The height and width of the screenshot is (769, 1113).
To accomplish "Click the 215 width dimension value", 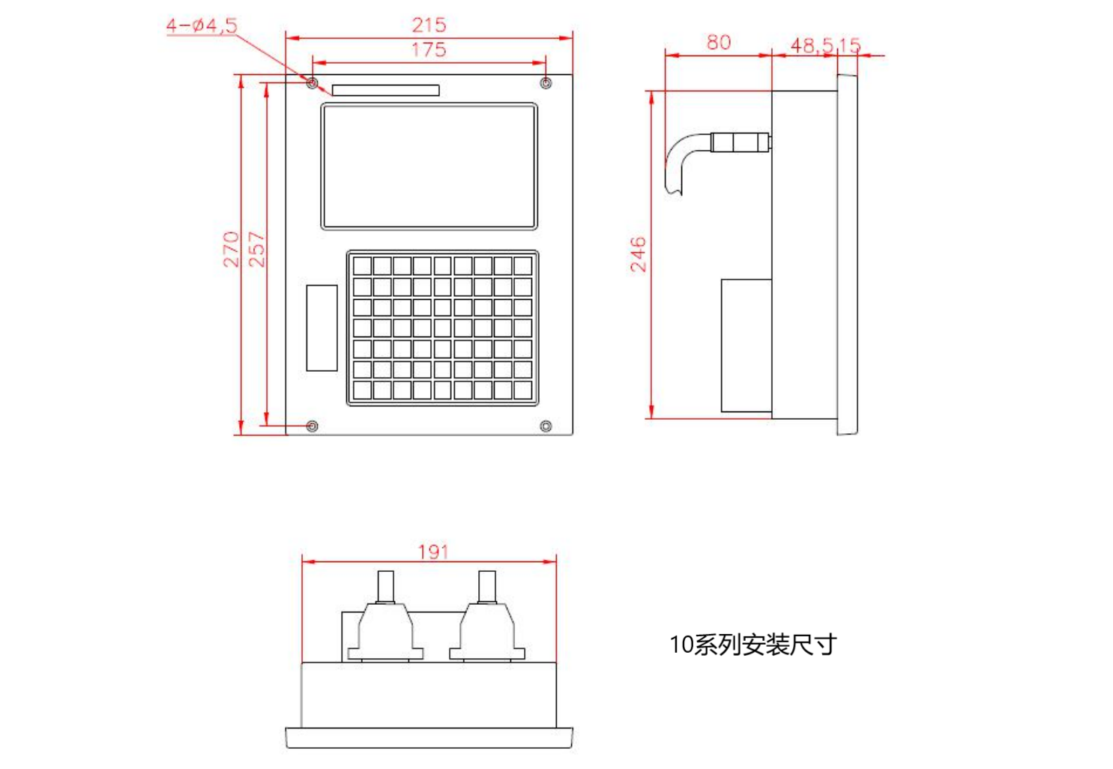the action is pyautogui.click(x=429, y=25).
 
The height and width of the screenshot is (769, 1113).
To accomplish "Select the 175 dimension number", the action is pyautogui.click(x=429, y=49).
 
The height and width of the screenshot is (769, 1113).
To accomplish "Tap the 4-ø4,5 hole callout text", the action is pyautogui.click(x=202, y=25).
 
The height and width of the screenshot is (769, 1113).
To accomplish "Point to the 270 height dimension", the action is pyautogui.click(x=231, y=250).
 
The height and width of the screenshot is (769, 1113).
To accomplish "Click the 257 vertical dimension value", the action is pyautogui.click(x=256, y=250).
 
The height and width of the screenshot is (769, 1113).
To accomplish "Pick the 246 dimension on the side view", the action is pyautogui.click(x=638, y=254).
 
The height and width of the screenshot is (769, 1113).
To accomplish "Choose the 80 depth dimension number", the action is pyautogui.click(x=719, y=43).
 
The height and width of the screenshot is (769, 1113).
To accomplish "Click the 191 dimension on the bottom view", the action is pyautogui.click(x=433, y=552).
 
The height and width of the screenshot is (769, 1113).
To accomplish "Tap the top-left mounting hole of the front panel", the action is pyautogui.click(x=312, y=82).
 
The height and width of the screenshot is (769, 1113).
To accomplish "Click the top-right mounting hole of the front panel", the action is pyautogui.click(x=546, y=82).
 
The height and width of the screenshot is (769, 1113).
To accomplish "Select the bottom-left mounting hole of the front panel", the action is pyautogui.click(x=312, y=426).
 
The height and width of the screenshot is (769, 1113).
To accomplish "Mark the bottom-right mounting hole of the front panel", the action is pyautogui.click(x=546, y=426).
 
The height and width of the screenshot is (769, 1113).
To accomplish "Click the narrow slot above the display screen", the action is pyautogui.click(x=385, y=90).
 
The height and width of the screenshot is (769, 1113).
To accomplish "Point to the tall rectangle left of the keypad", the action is pyautogui.click(x=322, y=328).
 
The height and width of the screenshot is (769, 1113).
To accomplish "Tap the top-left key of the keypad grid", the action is pyautogui.click(x=362, y=266).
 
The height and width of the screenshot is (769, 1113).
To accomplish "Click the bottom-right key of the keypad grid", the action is pyautogui.click(x=522, y=390).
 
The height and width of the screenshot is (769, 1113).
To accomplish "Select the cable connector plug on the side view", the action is pyautogui.click(x=741, y=142).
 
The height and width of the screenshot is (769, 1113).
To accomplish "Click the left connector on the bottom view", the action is pyautogui.click(x=385, y=616).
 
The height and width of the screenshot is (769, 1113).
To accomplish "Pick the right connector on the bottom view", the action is pyautogui.click(x=487, y=616).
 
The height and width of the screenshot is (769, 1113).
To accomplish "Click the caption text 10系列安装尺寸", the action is pyautogui.click(x=753, y=645).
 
